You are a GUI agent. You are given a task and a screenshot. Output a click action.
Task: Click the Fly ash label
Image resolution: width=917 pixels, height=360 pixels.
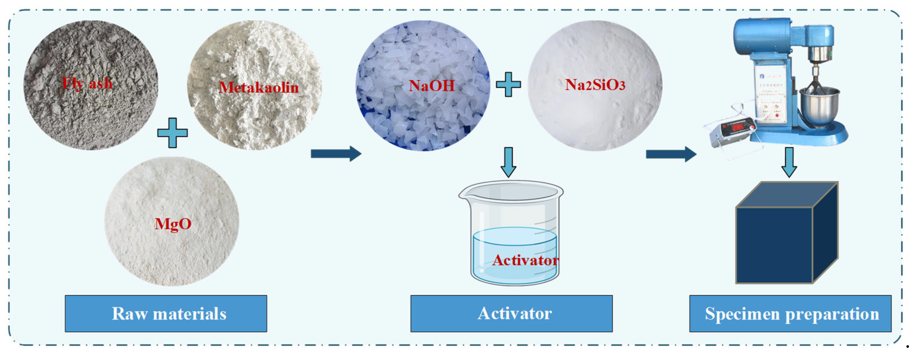87,84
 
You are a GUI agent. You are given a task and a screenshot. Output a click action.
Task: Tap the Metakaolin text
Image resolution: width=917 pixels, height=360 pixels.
259,88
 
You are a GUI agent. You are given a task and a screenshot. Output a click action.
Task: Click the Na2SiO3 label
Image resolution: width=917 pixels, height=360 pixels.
595,85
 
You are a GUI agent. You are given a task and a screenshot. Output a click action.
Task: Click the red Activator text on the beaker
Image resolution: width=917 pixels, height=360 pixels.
525,260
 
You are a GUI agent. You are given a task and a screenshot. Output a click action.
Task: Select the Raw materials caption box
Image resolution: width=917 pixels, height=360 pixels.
166,314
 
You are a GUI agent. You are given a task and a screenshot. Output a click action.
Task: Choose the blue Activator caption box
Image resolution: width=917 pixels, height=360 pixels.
511,314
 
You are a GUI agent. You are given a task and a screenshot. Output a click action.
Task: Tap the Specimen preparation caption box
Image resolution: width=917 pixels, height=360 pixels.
790,314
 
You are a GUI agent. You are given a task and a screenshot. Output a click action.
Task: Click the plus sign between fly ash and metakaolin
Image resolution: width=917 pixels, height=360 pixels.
172,133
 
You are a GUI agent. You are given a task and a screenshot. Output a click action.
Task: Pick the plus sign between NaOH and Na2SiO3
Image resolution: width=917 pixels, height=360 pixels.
508,85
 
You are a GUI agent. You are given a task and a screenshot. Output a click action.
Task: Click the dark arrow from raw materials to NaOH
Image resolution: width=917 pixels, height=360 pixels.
336,154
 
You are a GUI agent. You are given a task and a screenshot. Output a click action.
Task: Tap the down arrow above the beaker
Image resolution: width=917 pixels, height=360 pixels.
508,162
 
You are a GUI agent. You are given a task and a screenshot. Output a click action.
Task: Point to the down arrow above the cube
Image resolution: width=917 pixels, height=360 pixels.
789,162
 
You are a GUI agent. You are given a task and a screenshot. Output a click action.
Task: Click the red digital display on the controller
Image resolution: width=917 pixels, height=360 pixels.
737,126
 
